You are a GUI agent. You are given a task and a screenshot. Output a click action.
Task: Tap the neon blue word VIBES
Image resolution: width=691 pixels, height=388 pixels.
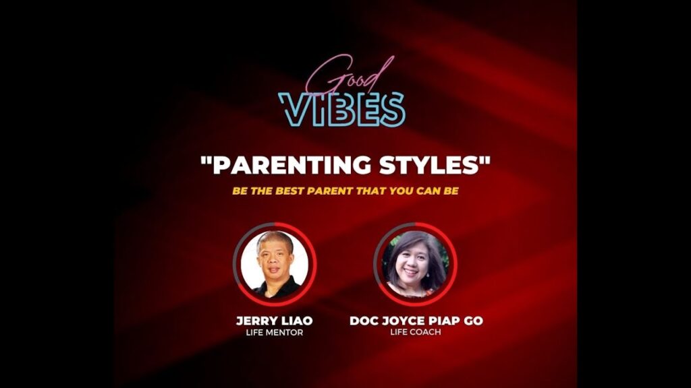341,110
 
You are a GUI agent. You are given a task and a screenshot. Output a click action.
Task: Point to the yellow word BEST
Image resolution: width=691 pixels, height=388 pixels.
289,191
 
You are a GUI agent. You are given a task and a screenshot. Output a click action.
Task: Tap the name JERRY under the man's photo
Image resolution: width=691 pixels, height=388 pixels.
256,321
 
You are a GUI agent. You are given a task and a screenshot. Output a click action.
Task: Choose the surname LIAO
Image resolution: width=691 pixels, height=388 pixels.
296,321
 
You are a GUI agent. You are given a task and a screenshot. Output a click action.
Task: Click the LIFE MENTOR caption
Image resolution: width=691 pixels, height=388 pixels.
275,333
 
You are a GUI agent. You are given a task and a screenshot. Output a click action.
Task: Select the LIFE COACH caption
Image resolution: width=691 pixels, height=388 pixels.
416,331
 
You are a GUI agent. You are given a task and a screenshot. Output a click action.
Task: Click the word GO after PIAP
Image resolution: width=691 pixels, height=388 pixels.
473,321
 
